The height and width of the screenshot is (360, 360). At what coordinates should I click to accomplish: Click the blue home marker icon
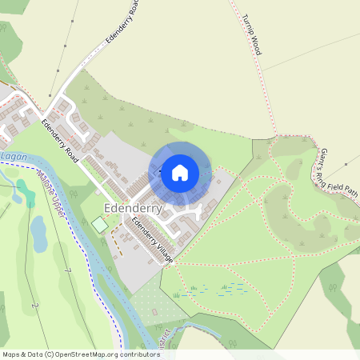pos(180,172)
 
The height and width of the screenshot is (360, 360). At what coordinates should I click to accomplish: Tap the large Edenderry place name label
pos(134,209)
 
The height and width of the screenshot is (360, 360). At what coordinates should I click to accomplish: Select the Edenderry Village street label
pos(153,237)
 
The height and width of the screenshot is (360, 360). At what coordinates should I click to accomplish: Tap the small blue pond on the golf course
pos(38,231)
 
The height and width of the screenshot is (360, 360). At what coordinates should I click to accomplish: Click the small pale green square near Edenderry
pos(99,225)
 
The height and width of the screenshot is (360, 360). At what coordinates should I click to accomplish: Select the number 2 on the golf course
pos(34,305)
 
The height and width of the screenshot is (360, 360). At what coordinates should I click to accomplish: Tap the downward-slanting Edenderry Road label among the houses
pos(61,137)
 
